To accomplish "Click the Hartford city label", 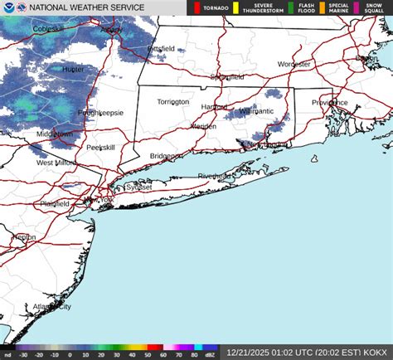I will tap(215, 107).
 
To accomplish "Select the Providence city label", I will tap(329, 102).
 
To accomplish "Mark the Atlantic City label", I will tap(51, 306).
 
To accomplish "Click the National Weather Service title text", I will tap(86, 7).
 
